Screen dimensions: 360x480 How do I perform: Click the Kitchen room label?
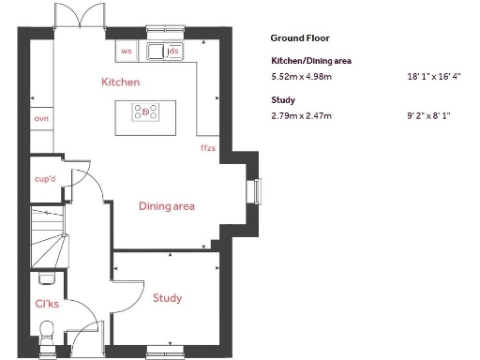120,82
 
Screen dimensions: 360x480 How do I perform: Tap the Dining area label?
166,206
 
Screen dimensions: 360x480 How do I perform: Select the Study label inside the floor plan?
166,298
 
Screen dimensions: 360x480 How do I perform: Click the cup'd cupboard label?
46,178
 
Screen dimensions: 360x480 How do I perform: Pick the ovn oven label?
41,119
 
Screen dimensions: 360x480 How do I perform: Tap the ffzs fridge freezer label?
207,148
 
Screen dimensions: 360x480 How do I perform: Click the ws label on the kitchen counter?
127,52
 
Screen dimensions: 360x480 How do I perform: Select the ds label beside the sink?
174,52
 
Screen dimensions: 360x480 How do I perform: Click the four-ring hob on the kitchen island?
145,113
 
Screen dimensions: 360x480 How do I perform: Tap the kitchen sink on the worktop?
155,52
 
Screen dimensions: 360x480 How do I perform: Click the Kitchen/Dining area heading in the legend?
311,61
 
